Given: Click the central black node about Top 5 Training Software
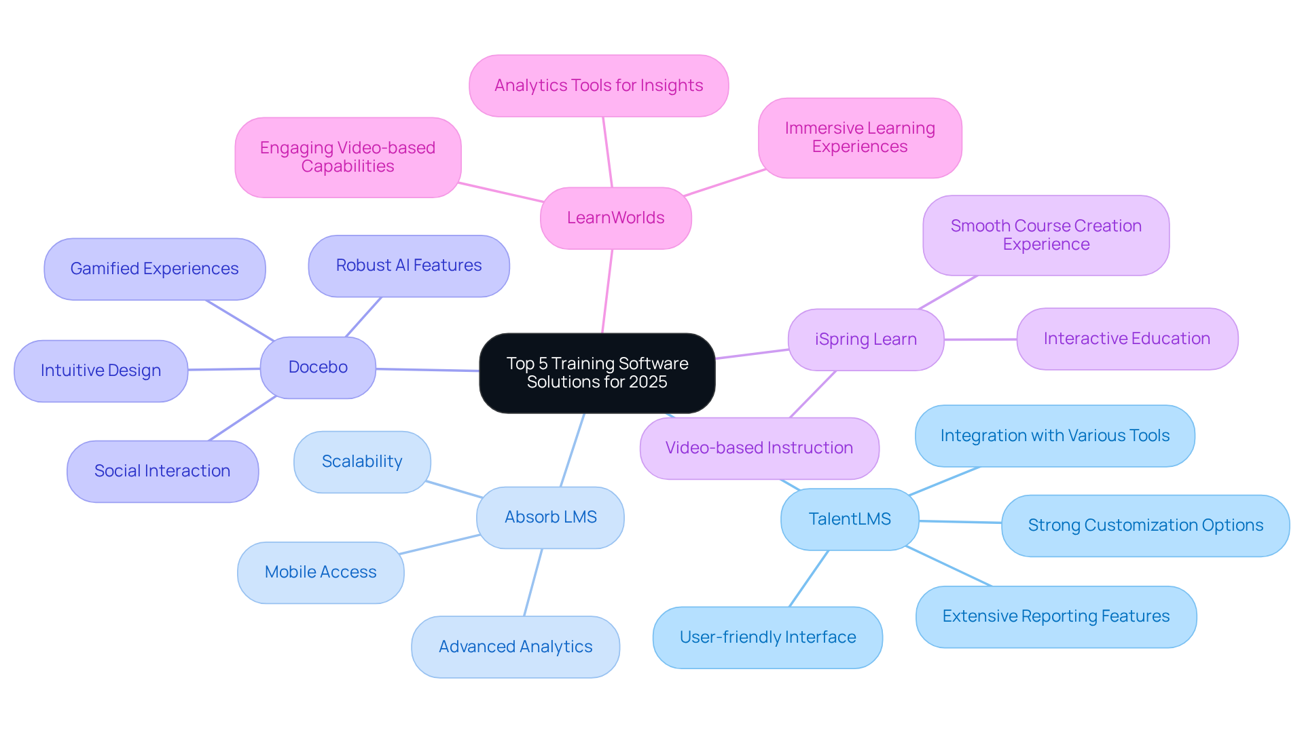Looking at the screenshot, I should tap(597, 373).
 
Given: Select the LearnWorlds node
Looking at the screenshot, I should tap(615, 218).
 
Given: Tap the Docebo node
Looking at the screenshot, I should tap(318, 367).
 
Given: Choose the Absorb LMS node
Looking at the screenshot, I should tap(550, 517).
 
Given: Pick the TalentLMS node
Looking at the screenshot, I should tap(850, 519).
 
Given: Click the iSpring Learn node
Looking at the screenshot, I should tap(866, 339).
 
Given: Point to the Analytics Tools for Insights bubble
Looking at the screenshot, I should tap(598, 86).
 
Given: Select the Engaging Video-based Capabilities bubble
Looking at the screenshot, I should tap(348, 157).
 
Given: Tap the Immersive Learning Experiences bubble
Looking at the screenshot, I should tap(860, 138).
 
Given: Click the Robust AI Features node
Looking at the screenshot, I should tap(409, 265).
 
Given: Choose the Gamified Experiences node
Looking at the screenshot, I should tap(155, 269).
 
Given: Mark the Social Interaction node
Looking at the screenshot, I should tap(162, 471).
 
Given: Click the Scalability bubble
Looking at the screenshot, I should tap(362, 461).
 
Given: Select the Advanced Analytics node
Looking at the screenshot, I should tap(515, 647).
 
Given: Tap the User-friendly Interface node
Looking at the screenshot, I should tap(767, 637).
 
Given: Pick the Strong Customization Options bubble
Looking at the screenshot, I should tap(1145, 525).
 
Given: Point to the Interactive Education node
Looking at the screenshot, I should tap(1127, 339).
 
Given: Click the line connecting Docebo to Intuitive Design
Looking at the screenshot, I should tap(224, 369).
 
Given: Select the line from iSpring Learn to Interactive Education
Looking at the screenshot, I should tap(980, 339).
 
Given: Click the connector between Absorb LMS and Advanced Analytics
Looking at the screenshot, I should tap(533, 582).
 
